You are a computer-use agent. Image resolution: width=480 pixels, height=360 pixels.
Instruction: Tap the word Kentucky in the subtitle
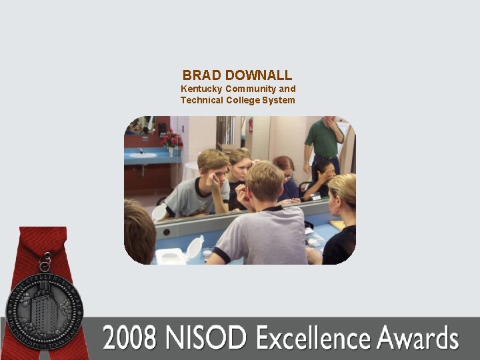point(201,89)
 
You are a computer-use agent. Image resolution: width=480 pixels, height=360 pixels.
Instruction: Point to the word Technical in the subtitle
point(202,101)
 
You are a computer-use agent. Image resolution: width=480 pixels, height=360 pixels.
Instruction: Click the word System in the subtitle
point(278,101)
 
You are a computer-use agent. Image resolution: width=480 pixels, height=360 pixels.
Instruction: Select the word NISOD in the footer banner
point(205,339)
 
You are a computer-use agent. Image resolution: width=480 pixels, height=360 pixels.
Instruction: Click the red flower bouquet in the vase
point(172,139)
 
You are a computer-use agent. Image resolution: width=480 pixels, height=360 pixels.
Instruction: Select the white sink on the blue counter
point(143,155)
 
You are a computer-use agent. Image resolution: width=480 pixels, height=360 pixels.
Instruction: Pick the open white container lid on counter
point(194,247)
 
